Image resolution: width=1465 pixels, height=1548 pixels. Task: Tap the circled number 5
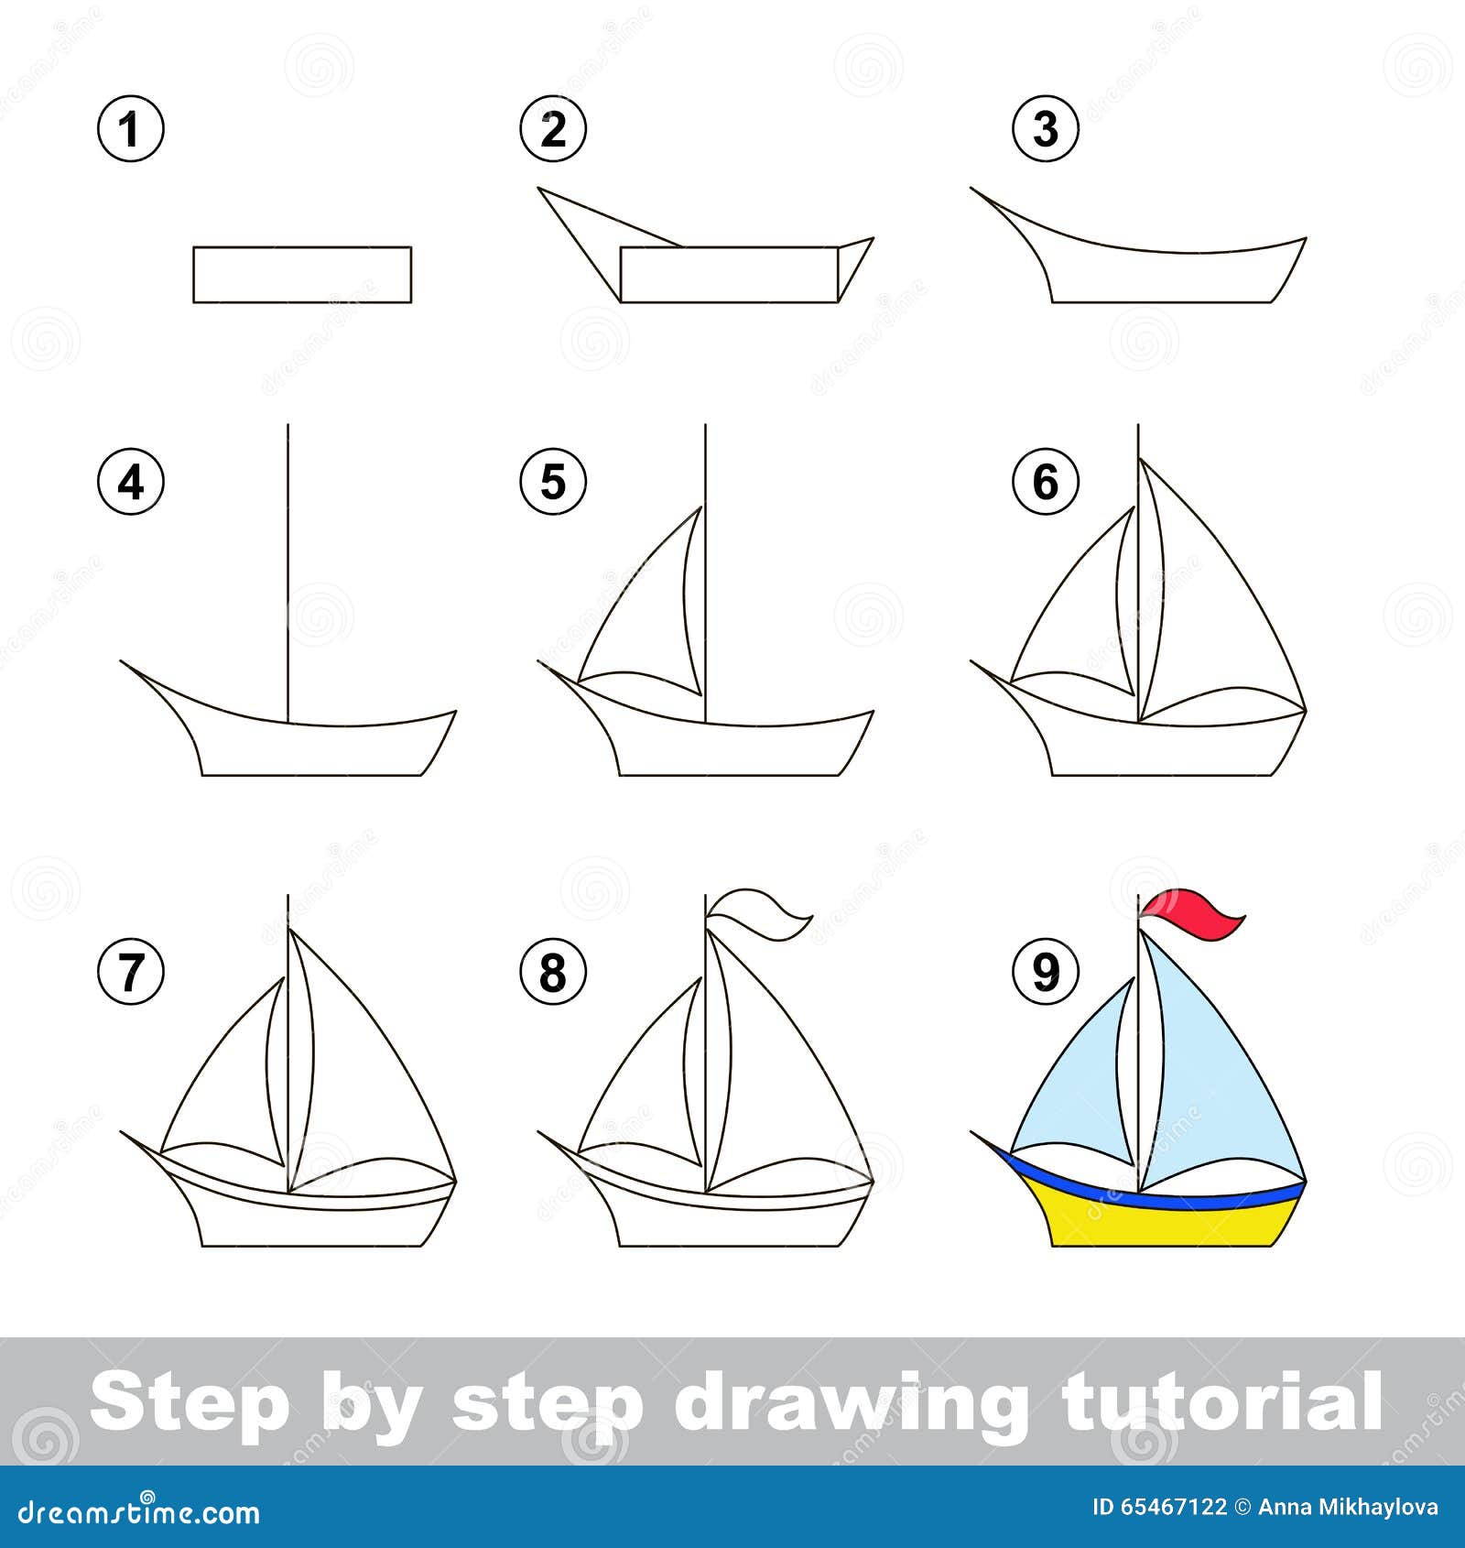pos(553,481)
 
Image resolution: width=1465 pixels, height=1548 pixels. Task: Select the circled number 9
pos(1046,971)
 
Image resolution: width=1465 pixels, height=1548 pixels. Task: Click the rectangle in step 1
pos(302,274)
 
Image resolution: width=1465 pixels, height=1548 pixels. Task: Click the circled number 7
pos(131,971)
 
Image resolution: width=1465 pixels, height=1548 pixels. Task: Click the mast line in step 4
pos(288,550)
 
